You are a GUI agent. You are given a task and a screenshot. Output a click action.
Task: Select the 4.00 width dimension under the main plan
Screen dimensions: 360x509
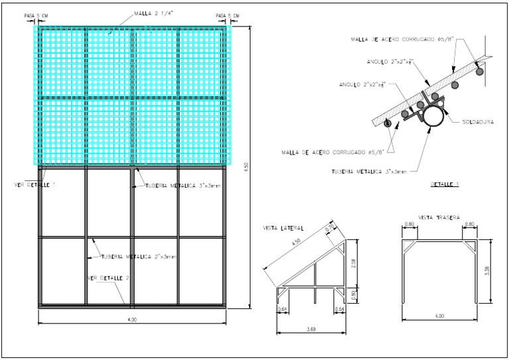point(132,320)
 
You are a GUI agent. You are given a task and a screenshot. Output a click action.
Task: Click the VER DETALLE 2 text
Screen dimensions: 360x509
point(109,278)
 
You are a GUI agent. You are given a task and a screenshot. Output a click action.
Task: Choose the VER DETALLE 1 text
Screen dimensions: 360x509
point(35,184)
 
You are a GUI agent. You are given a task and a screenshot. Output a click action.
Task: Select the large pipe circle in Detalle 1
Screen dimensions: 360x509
point(435,117)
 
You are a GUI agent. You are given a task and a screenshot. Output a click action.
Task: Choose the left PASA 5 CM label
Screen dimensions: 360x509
point(35,15)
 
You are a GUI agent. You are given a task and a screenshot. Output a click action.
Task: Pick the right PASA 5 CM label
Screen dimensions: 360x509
point(228,15)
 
